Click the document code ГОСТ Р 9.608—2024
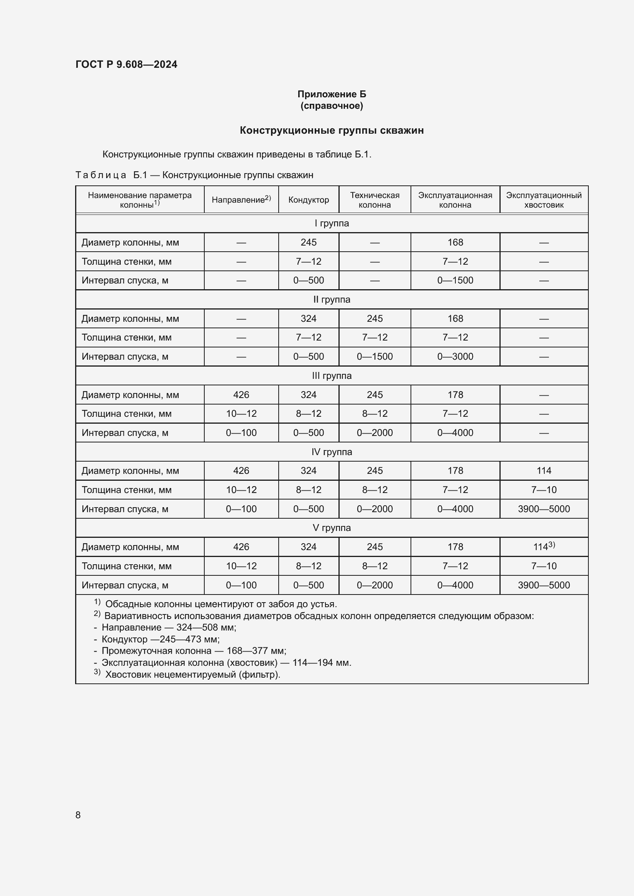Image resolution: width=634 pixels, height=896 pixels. point(126,64)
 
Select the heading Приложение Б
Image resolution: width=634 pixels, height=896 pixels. point(332,94)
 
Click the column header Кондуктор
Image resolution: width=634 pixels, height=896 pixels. point(309,200)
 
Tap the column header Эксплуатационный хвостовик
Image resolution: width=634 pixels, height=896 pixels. point(544,200)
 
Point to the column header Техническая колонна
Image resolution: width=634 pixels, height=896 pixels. point(374,200)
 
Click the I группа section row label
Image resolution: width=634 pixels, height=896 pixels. point(332,223)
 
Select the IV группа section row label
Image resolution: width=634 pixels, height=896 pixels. point(332,452)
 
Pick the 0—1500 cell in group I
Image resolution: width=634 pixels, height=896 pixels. point(455,280)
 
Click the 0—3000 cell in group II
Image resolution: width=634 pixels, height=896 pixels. point(455,356)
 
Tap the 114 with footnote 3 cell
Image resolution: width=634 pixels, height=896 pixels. point(544,547)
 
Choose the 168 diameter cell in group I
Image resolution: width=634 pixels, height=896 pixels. point(455,242)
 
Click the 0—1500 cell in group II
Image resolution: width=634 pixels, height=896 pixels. point(374,356)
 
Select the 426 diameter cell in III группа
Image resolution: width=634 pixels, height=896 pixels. point(241,395)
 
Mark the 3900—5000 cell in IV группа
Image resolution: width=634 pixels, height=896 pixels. point(544,509)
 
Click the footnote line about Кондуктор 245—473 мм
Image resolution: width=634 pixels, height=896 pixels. point(160,639)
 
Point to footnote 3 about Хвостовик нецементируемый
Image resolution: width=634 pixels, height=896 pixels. point(192,674)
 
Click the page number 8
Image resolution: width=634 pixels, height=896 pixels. point(78,815)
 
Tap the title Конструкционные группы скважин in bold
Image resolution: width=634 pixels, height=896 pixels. point(332,130)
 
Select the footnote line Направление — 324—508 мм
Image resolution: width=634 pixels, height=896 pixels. point(169,627)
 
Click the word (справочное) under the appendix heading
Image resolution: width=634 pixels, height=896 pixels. point(332,106)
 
